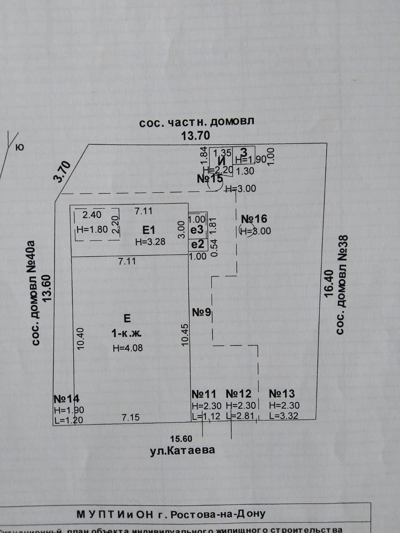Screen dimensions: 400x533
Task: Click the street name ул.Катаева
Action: [x=182, y=450]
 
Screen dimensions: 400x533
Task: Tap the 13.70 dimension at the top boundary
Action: [x=196, y=136]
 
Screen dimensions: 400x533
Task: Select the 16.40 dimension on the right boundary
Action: [x=329, y=283]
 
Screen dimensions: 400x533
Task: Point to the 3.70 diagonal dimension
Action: [x=63, y=171]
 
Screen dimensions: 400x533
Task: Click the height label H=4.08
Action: [x=128, y=348]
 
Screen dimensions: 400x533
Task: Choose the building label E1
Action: [x=149, y=230]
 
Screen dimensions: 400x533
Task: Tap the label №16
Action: [x=254, y=219]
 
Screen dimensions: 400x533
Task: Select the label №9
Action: [x=202, y=312]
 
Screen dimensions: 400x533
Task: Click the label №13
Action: [x=282, y=394]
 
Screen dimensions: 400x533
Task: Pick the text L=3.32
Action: [x=284, y=416]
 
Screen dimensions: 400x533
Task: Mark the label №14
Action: [x=66, y=399]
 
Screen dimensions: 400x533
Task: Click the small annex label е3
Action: [x=197, y=230]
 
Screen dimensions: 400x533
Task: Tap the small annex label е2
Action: [x=197, y=245]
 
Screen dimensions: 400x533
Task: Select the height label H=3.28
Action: [x=150, y=242]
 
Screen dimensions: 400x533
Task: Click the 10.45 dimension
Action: [x=185, y=334]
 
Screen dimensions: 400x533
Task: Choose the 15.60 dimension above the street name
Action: [x=181, y=439]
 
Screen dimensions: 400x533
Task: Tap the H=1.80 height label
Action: [x=92, y=229]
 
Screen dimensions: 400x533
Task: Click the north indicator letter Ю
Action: [x=20, y=147]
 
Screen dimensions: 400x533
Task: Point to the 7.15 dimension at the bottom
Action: [x=130, y=417]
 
